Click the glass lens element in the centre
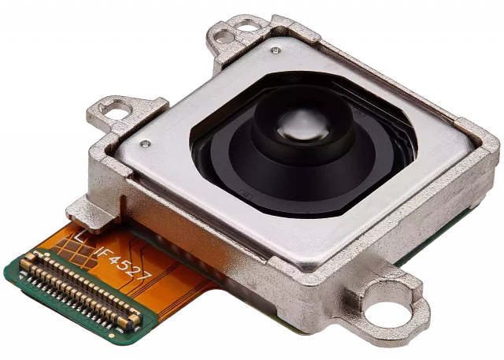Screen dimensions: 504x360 click(303, 124)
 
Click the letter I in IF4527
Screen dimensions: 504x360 click(100, 251)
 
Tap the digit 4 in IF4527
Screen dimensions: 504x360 click(117, 261)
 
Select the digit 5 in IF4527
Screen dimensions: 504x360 click(127, 266)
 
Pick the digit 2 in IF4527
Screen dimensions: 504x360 click(136, 272)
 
